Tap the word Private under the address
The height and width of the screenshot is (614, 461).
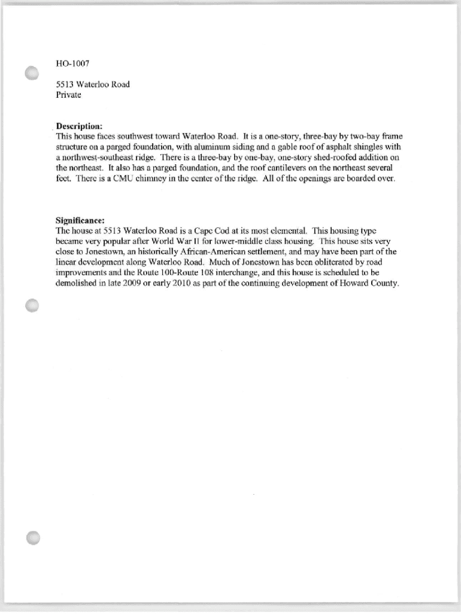tap(68, 95)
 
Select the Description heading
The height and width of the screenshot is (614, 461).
tap(79, 127)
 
